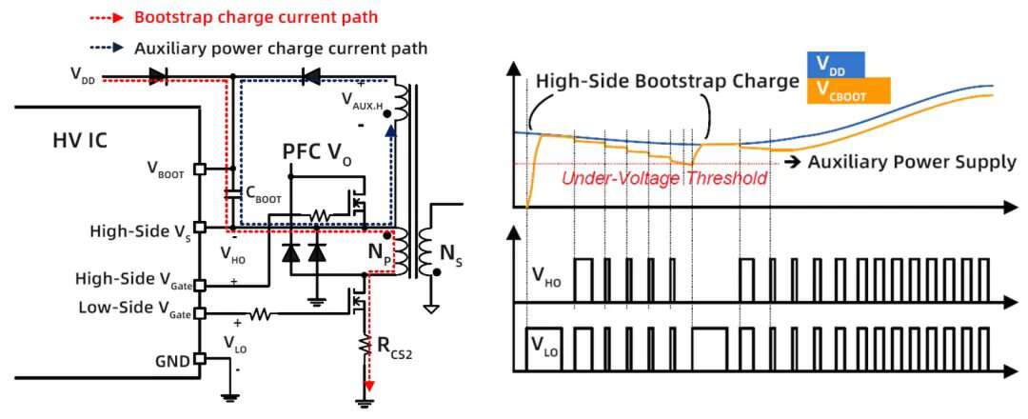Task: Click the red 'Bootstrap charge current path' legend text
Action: pyautogui.click(x=256, y=17)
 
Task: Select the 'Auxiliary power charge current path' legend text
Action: pyautogui.click(x=281, y=48)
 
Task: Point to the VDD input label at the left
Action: pyautogui.click(x=83, y=74)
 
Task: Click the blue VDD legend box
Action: pyautogui.click(x=836, y=66)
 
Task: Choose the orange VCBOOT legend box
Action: pyautogui.click(x=849, y=90)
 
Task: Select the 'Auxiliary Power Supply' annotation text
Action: pyautogui.click(x=912, y=161)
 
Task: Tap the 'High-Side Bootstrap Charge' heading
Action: pyautogui.click(x=667, y=81)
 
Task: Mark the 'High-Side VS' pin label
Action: pyautogui.click(x=140, y=231)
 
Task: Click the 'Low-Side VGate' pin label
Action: pyautogui.click(x=134, y=308)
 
